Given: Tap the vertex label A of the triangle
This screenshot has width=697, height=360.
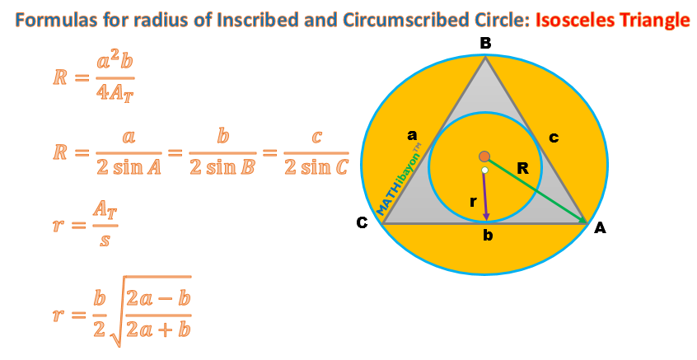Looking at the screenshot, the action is click(x=601, y=228).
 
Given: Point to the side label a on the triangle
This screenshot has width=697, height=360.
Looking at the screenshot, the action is click(x=412, y=134).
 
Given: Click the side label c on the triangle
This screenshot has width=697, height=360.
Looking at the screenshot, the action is click(x=554, y=138).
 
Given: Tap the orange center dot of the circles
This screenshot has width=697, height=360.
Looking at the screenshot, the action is click(x=484, y=157).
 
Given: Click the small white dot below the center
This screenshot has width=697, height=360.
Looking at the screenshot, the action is click(x=485, y=171).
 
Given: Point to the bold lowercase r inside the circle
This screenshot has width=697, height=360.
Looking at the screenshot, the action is click(x=470, y=200).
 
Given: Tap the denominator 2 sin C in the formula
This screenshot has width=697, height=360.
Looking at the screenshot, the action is click(x=316, y=167).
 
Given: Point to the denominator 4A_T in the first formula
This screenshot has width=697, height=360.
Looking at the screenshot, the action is click(x=115, y=92).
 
